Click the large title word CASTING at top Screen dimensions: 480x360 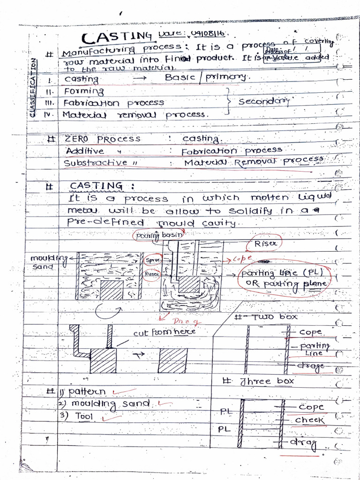[116, 37]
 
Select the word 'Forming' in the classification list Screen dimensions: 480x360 [84, 91]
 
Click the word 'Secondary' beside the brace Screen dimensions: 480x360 [263, 101]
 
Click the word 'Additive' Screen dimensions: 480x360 [85, 151]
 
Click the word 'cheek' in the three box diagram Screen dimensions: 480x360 [309, 420]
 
